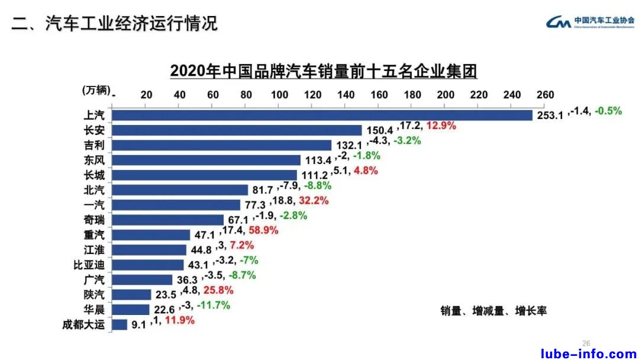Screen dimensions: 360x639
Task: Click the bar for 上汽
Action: pyautogui.click(x=322, y=115)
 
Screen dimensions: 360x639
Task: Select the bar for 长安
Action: pyautogui.click(x=237, y=130)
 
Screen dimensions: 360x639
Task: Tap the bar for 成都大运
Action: pyautogui.click(x=120, y=324)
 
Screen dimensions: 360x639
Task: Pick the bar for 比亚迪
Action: pyautogui.click(x=148, y=265)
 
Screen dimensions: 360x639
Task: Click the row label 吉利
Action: pyautogui.click(x=95, y=145)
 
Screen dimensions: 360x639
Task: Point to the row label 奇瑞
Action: pyautogui.click(x=95, y=220)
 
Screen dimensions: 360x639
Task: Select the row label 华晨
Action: pyautogui.click(x=95, y=309)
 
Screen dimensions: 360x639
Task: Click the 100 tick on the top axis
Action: pyautogui.click(x=279, y=95)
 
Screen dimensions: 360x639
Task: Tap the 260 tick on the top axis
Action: pyautogui.click(x=545, y=95)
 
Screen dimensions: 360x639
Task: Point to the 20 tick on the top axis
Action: pyautogui.click(x=147, y=95)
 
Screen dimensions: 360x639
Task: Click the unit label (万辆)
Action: pyautogui.click(x=96, y=90)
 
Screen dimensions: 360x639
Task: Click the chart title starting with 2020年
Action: pyautogui.click(x=323, y=71)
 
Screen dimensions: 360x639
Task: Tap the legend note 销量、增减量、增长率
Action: pyautogui.click(x=493, y=310)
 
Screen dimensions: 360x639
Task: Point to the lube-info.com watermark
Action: pyautogui.click(x=589, y=353)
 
